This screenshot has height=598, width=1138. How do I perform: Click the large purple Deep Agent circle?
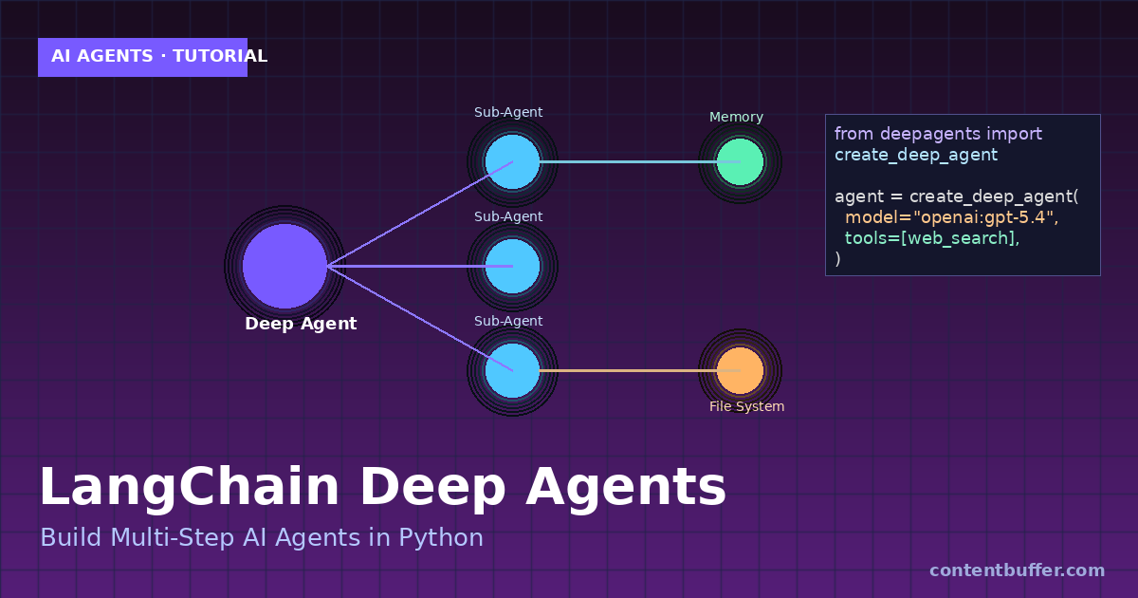tap(284, 266)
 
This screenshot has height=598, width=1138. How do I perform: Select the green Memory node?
tap(740, 161)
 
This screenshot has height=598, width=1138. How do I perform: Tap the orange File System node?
tap(740, 370)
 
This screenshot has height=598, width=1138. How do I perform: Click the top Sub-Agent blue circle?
tap(512, 161)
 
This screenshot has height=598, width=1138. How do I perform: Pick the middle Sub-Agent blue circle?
tap(512, 266)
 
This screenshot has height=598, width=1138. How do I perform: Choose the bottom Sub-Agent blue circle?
tap(512, 370)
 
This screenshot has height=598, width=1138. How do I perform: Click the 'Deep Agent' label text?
tap(301, 324)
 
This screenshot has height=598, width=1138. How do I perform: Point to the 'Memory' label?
tap(736, 117)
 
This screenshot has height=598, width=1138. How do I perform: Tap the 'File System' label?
tap(746, 406)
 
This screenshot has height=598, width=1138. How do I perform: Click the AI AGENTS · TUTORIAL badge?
tap(142, 57)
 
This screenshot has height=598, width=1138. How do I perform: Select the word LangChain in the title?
tap(189, 488)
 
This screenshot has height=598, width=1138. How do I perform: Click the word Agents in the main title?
tap(625, 488)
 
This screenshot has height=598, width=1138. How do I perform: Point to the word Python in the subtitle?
tap(440, 538)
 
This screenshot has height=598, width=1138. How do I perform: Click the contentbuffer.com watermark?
tap(1017, 570)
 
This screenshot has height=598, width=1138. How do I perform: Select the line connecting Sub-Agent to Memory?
tap(626, 161)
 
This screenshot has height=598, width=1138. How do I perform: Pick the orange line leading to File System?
tap(626, 370)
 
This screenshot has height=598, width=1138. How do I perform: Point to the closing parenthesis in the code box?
tap(838, 259)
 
